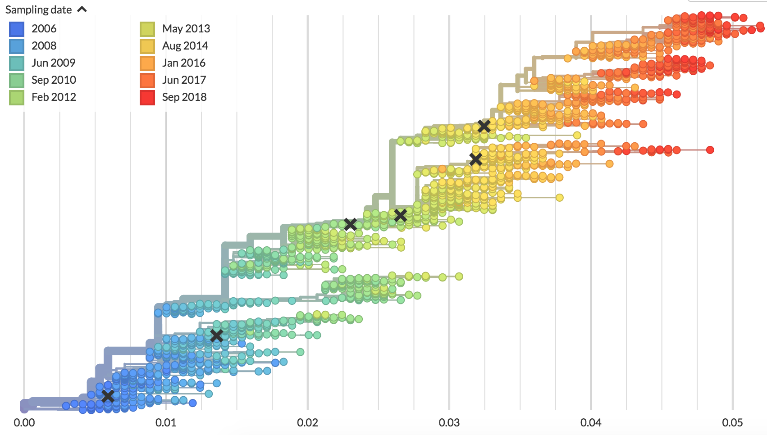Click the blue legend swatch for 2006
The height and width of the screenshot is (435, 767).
[x=17, y=29]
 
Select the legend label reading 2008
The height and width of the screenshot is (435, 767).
[x=44, y=46]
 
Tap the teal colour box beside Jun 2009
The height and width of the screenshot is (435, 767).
[x=17, y=63]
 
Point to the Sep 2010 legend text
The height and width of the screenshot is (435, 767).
[x=54, y=80]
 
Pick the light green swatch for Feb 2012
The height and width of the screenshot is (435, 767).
[x=17, y=97]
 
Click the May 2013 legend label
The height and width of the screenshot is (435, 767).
[x=186, y=29]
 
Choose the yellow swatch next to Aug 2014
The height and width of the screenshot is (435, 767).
[x=147, y=46]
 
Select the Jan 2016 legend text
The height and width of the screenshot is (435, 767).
[x=183, y=63]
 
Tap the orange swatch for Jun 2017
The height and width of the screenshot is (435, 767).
[x=147, y=80]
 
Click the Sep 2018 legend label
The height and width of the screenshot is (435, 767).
[x=184, y=97]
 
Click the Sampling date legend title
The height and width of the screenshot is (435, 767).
[x=38, y=10]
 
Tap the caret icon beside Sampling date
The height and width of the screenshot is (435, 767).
[x=82, y=9]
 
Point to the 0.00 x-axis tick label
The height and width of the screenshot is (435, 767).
[x=24, y=423]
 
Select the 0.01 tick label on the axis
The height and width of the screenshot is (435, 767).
[x=166, y=423]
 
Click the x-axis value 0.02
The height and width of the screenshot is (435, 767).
[x=307, y=423]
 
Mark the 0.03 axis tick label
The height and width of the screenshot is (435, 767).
[x=449, y=423]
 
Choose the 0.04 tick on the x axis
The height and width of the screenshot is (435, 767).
[x=591, y=423]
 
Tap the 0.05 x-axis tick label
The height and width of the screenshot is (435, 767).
[x=732, y=423]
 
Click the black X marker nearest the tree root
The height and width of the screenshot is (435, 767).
[x=108, y=396]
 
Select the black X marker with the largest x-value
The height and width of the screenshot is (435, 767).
[x=484, y=126]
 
